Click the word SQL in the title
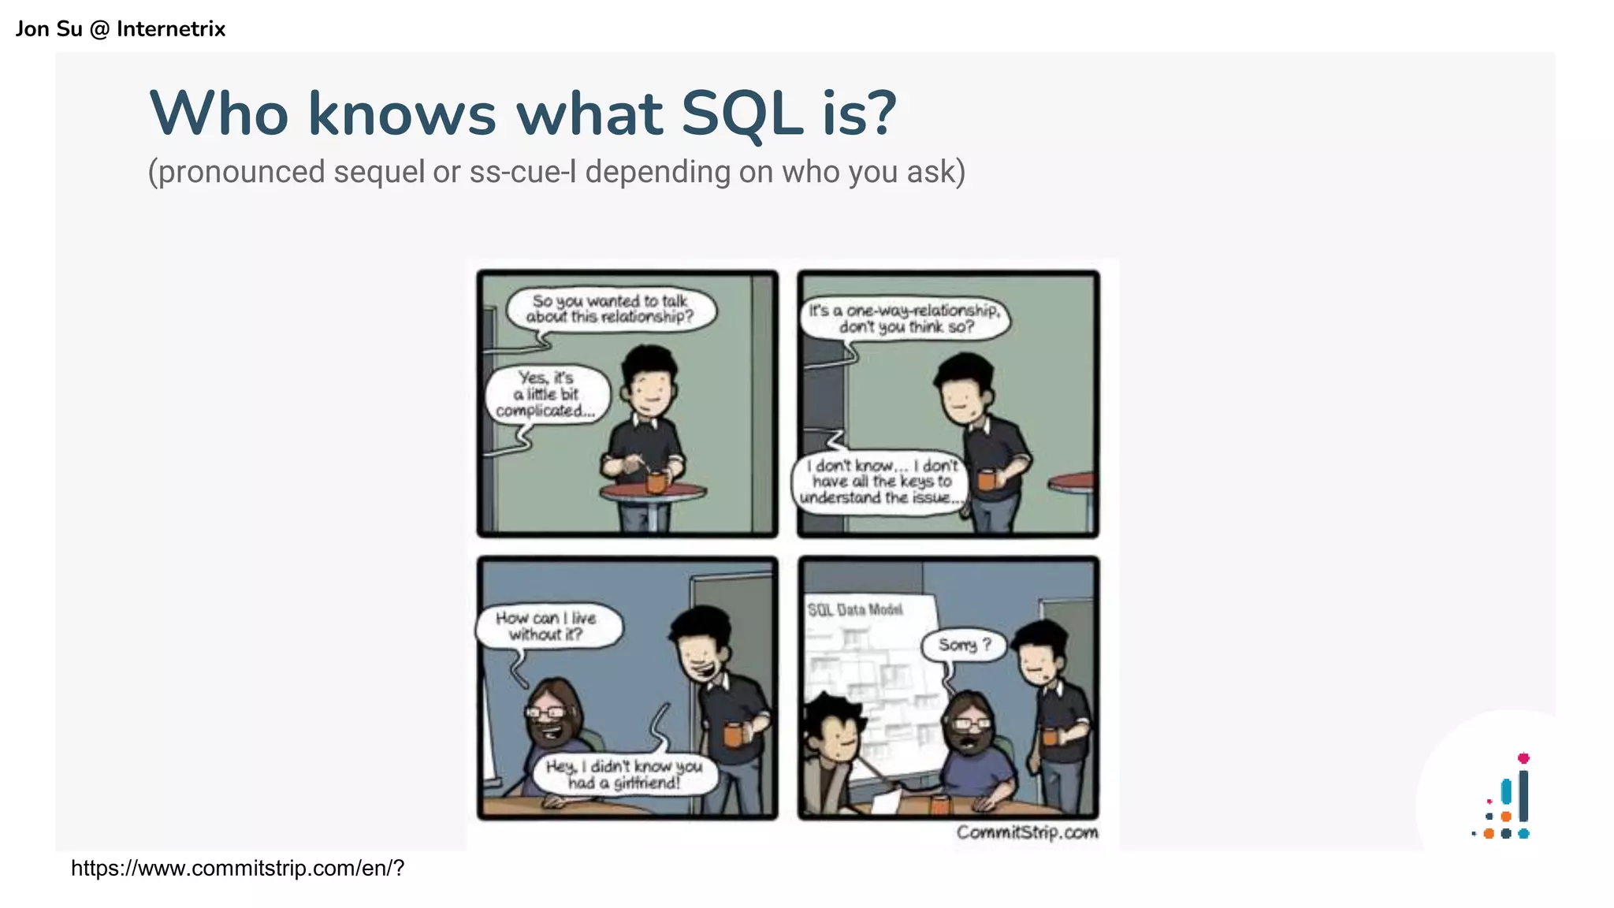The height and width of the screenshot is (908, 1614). click(x=741, y=114)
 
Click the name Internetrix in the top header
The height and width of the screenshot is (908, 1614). click(x=171, y=29)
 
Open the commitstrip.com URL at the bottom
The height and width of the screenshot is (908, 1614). click(x=237, y=868)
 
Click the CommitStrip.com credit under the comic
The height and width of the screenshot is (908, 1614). click(x=1027, y=832)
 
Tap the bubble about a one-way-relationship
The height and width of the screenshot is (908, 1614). click(x=904, y=318)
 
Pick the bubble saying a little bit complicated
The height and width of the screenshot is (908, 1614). click(x=546, y=394)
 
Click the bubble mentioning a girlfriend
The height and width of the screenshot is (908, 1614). click(x=623, y=774)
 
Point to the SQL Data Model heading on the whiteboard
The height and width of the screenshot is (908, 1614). click(x=855, y=609)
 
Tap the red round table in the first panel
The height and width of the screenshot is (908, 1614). click(x=653, y=493)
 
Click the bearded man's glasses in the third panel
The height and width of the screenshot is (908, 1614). click(x=545, y=712)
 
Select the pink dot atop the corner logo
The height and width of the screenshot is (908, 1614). click(x=1523, y=758)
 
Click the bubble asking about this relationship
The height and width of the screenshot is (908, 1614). click(x=610, y=309)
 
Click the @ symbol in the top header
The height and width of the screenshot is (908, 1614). click(x=99, y=29)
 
